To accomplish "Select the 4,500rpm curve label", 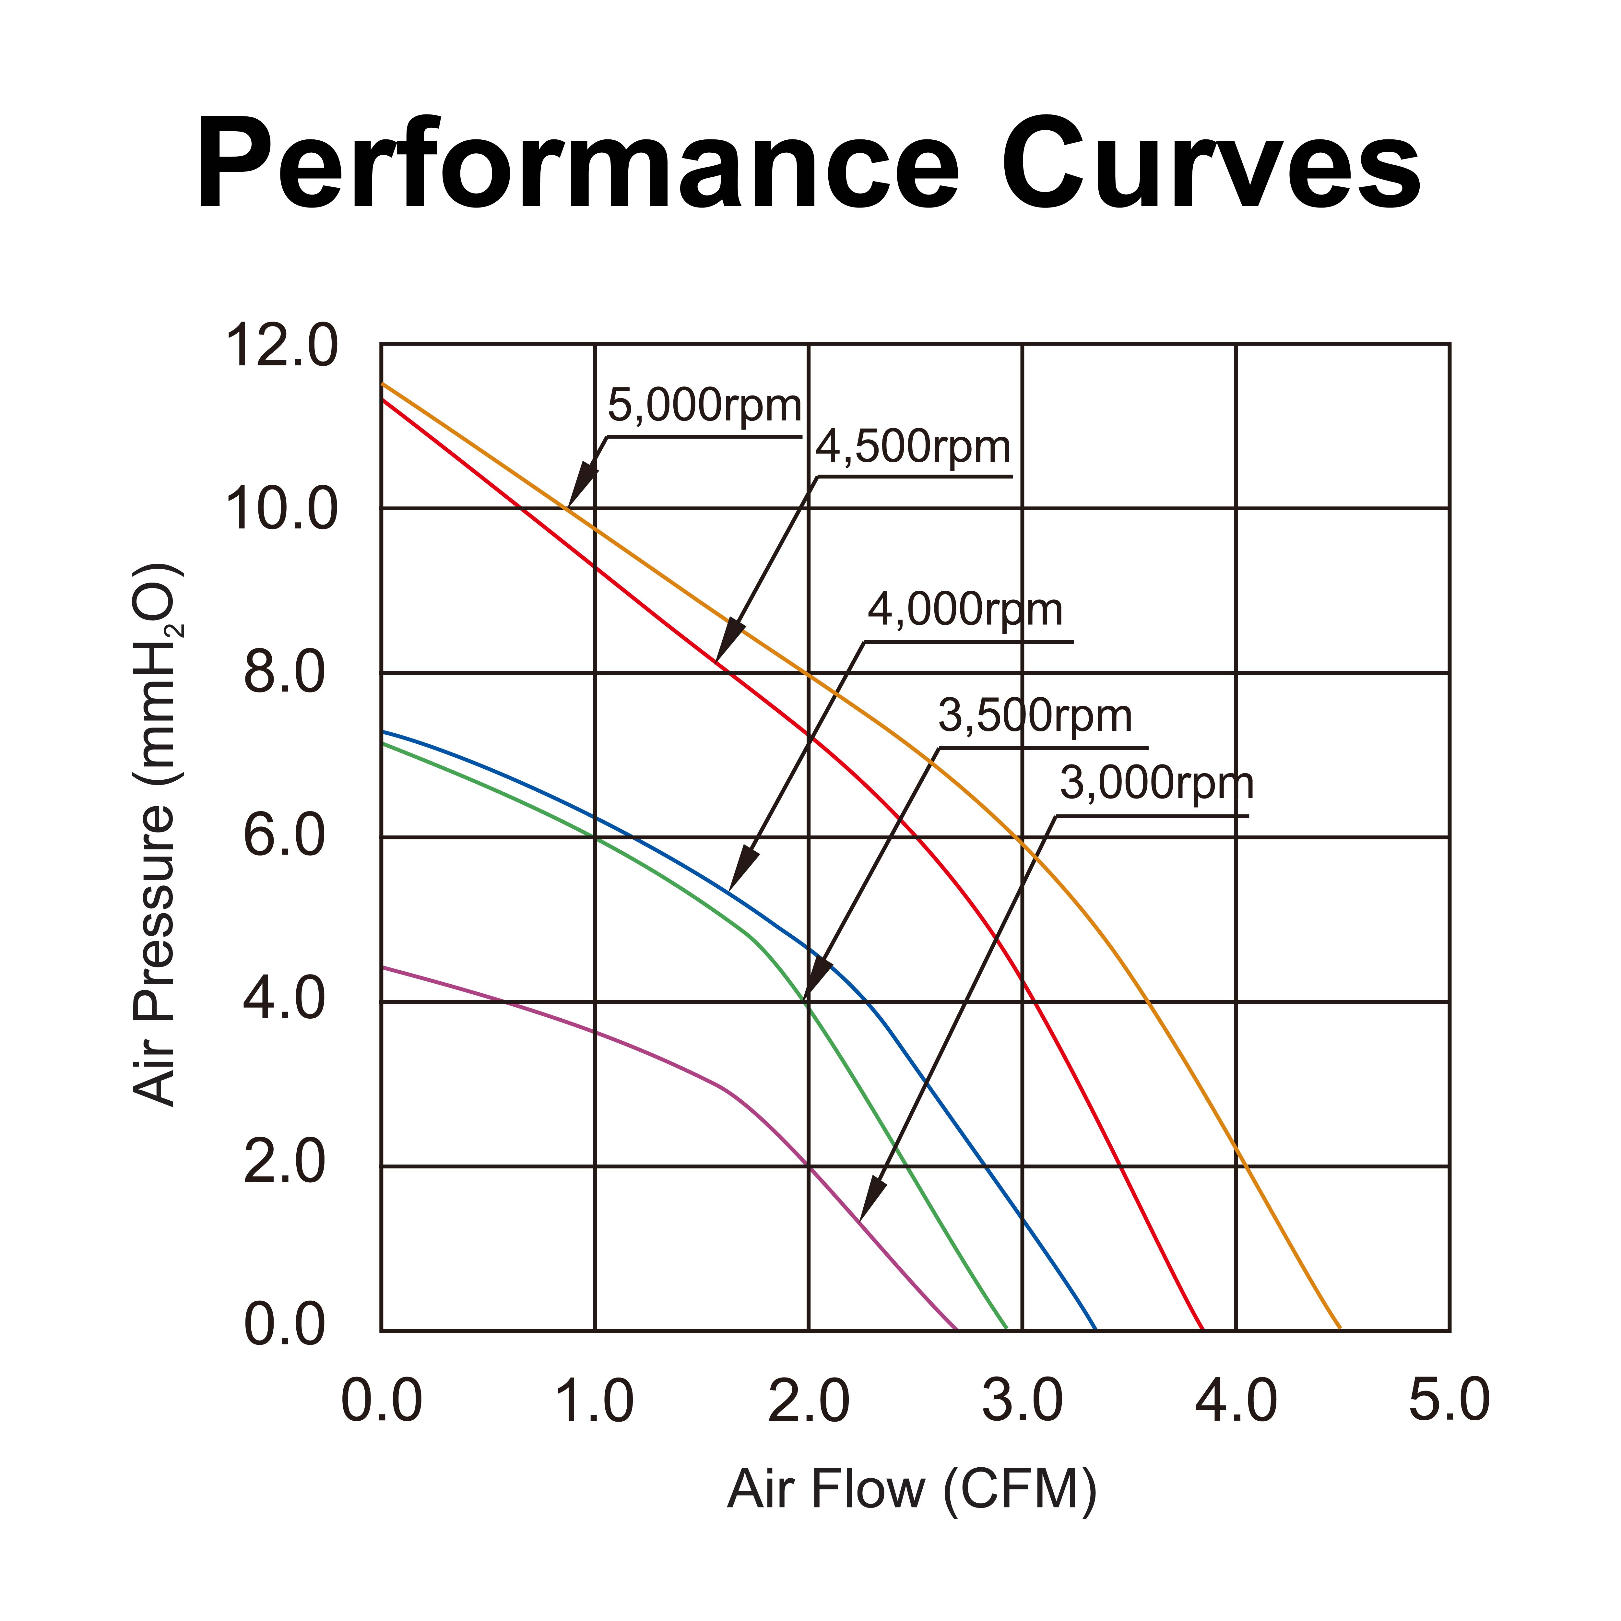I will tap(913, 447).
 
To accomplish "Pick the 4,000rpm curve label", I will tap(965, 610).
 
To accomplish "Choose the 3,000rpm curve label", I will tap(1156, 784).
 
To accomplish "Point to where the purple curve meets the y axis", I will tap(382, 967).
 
